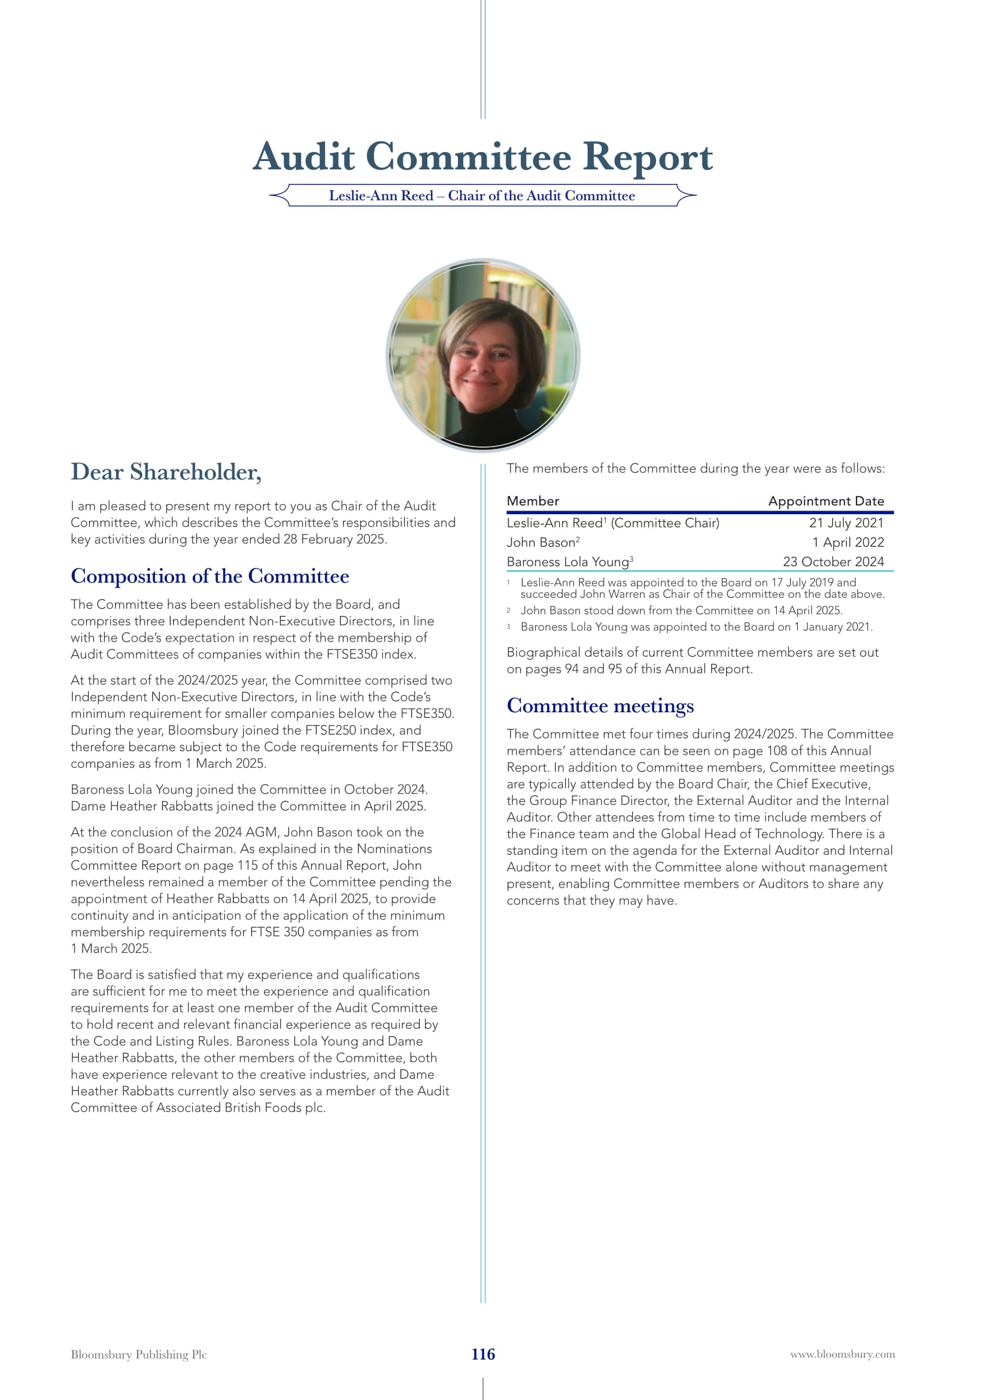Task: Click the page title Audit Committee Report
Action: click(482, 157)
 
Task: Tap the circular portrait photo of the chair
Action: click(483, 355)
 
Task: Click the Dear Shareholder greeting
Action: click(166, 472)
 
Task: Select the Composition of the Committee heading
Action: click(209, 576)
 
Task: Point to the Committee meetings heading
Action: click(600, 706)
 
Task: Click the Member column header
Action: click(532, 501)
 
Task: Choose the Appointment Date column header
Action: click(825, 501)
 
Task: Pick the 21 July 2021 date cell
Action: click(846, 523)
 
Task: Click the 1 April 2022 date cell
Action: click(848, 543)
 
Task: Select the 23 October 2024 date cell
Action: click(833, 562)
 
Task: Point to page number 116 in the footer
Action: click(483, 1355)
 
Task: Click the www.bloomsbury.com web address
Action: click(843, 1355)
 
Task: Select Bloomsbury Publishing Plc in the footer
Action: click(138, 1355)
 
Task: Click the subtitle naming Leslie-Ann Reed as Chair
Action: click(482, 196)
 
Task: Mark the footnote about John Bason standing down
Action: click(681, 611)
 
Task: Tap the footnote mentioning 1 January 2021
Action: click(696, 627)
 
